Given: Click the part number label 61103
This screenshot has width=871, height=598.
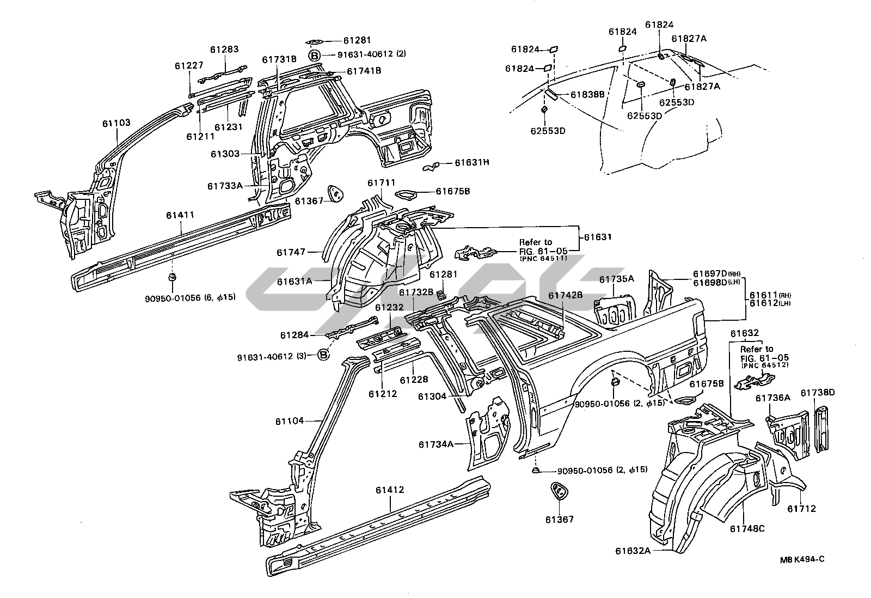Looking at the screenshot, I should [x=116, y=123].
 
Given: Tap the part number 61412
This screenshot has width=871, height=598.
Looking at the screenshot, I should [x=389, y=490].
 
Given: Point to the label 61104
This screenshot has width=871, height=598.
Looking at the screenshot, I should [x=289, y=421].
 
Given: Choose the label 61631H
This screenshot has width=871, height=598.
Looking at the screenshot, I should [x=472, y=162].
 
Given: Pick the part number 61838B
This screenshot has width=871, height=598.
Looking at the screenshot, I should [x=588, y=95].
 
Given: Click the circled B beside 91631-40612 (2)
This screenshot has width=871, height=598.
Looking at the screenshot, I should [x=315, y=55].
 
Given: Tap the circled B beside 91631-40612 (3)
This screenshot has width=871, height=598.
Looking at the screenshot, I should [x=323, y=356].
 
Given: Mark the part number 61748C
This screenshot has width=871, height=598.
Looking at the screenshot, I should [x=747, y=528].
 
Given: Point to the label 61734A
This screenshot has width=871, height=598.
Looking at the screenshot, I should [x=436, y=444].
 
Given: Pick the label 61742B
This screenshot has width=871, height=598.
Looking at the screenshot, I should [x=565, y=295].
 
